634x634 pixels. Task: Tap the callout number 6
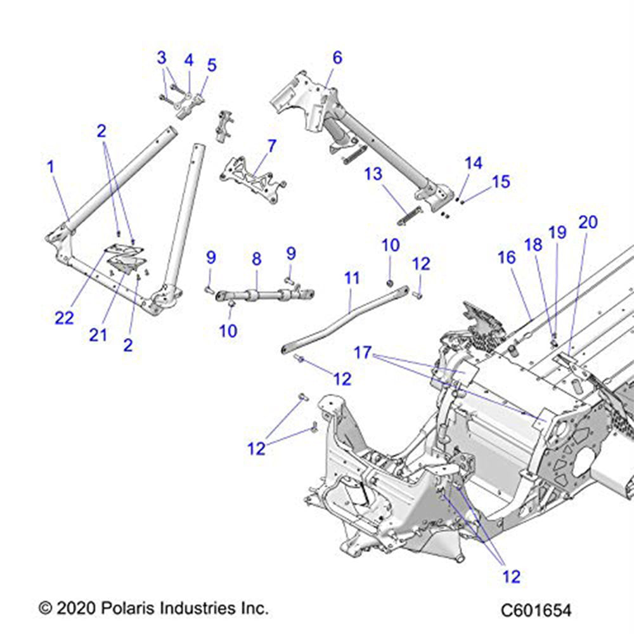click(337, 58)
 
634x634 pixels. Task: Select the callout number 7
click(271, 146)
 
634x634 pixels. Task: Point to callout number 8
click(256, 259)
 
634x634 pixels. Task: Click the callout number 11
click(352, 278)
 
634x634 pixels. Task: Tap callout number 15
click(501, 182)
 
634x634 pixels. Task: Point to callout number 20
click(588, 222)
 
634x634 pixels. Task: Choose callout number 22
click(64, 318)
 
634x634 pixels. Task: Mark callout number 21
click(98, 334)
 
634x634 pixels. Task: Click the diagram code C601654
click(536, 611)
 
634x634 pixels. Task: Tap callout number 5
click(211, 65)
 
